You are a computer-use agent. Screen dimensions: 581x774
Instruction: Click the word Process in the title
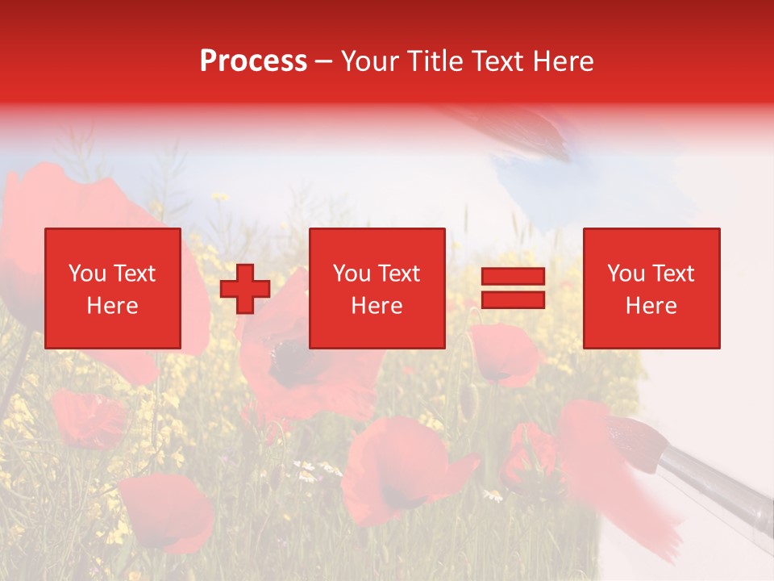click(253, 61)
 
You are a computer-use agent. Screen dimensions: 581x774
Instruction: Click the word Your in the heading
click(372, 61)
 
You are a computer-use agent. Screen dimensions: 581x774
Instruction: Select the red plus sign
click(245, 289)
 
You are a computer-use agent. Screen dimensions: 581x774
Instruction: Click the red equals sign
click(513, 288)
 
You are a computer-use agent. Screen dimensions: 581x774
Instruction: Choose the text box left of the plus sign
click(112, 288)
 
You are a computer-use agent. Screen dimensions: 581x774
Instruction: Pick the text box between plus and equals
click(377, 288)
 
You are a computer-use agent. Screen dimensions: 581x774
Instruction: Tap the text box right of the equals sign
click(651, 288)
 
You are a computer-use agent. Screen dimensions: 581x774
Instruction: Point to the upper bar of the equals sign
click(513, 277)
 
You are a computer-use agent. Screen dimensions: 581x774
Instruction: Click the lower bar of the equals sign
click(513, 300)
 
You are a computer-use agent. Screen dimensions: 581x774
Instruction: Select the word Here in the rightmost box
click(651, 305)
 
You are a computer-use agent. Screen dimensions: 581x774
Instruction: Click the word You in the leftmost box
click(86, 274)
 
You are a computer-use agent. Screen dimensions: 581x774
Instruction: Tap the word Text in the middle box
click(400, 274)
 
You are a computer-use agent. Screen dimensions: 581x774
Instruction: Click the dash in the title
click(324, 61)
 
